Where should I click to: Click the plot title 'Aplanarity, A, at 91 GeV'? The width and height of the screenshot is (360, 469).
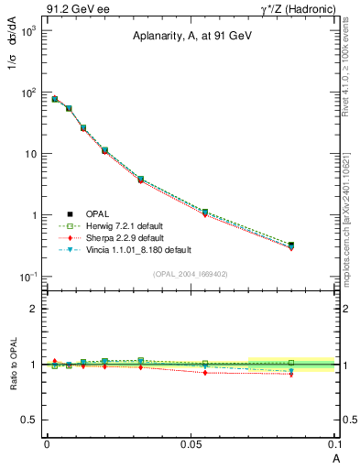190,36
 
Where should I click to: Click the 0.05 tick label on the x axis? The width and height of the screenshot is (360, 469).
191,442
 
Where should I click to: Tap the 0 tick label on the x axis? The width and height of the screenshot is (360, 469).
46,442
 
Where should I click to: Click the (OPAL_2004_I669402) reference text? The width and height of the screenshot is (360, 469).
190,274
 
